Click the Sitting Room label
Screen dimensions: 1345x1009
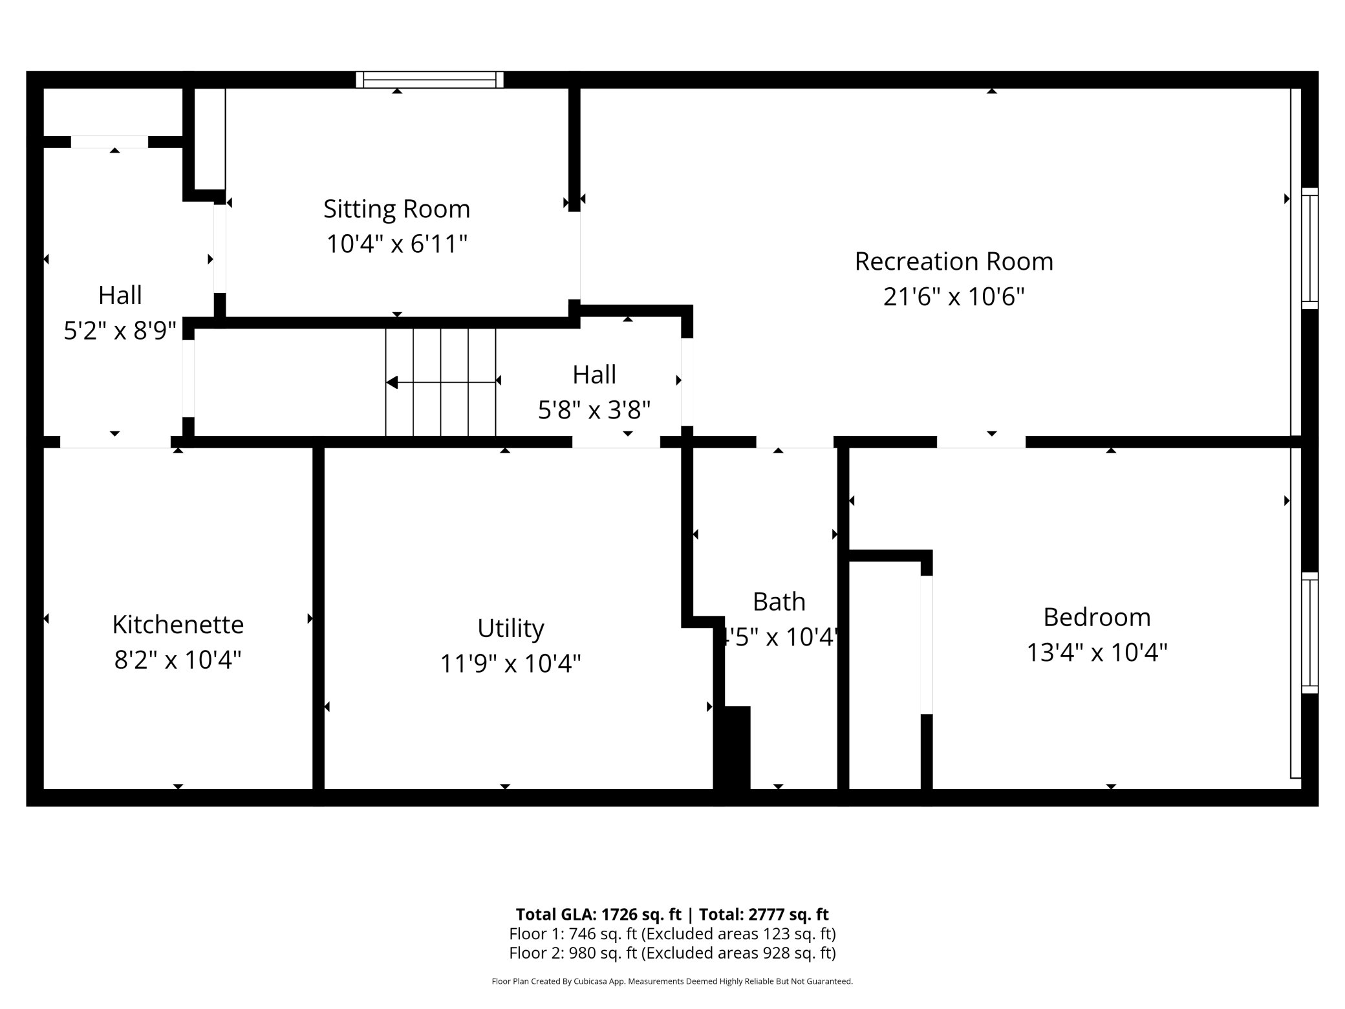(396, 210)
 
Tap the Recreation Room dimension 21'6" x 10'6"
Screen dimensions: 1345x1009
(954, 297)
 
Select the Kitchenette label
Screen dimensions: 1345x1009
(178, 625)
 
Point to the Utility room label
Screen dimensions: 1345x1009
(511, 629)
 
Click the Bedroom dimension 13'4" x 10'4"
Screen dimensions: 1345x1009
(1097, 652)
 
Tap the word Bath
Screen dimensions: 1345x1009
(779, 602)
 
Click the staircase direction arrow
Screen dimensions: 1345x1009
(441, 382)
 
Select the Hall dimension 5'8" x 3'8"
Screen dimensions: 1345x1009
(594, 409)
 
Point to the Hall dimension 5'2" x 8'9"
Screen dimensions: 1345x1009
(120, 331)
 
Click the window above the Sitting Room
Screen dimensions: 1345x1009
(429, 80)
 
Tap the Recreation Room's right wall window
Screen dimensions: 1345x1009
(1309, 248)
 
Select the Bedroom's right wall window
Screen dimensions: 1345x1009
(1309, 633)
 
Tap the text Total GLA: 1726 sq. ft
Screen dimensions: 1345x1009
(598, 914)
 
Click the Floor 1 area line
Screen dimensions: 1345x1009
(672, 934)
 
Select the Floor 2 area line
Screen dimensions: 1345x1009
(672, 953)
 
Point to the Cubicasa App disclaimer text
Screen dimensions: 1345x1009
(672, 981)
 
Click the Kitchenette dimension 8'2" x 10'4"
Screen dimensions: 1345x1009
(178, 660)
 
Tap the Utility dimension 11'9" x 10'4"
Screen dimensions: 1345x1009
(511, 664)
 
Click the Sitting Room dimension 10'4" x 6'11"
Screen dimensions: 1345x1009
(396, 244)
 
